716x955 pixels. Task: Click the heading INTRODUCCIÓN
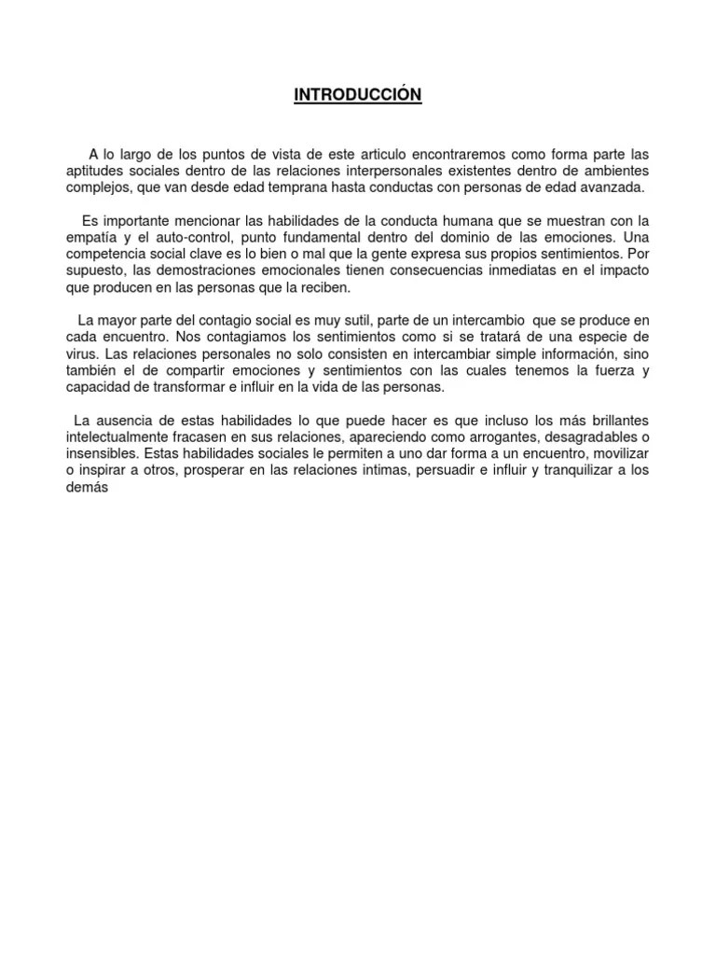358,95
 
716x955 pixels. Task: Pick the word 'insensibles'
103,454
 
